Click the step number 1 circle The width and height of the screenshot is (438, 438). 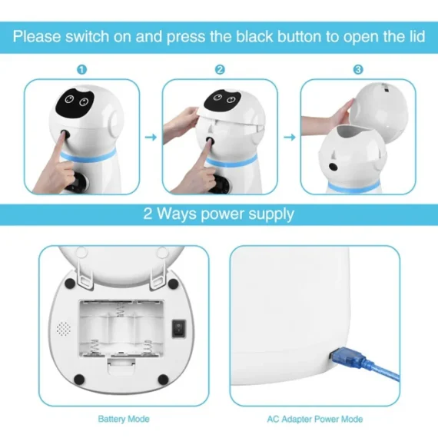[82, 70]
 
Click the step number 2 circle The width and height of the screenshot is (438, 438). [220, 70]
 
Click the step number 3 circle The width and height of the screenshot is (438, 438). [357, 70]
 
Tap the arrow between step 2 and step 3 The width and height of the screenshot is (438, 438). [290, 138]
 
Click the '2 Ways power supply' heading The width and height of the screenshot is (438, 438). [218, 214]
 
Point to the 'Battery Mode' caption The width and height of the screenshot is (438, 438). [123, 419]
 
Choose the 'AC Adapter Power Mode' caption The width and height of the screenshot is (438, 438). [314, 419]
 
